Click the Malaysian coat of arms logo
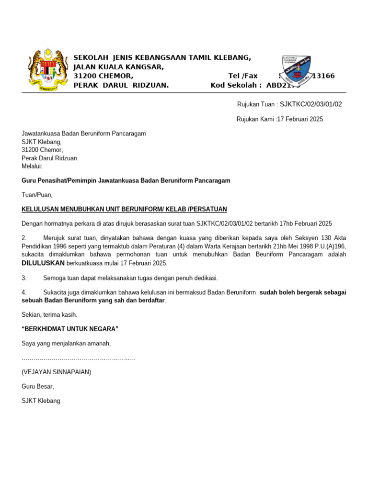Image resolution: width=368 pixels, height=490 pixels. pyautogui.click(x=47, y=70)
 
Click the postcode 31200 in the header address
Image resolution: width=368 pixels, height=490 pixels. pyautogui.click(x=84, y=76)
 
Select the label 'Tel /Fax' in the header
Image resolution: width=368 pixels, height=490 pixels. pyautogui.click(x=243, y=76)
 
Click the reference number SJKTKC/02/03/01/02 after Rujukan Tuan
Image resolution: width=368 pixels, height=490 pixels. pyautogui.click(x=311, y=104)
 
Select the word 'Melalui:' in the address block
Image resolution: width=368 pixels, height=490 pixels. pyautogui.click(x=32, y=166)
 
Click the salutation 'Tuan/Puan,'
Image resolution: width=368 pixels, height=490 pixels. pyautogui.click(x=37, y=195)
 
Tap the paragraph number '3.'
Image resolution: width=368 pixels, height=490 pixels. pyautogui.click(x=24, y=278)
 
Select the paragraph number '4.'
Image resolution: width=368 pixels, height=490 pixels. pyautogui.click(x=24, y=292)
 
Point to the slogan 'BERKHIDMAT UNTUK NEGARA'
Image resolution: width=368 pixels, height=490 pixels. pyautogui.click(x=70, y=329)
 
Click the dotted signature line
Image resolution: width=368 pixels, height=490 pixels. pyautogui.click(x=79, y=358)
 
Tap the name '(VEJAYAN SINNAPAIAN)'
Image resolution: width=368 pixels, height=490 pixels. pyautogui.click(x=57, y=372)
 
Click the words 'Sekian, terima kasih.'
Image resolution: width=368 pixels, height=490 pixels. pyautogui.click(x=49, y=315)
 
